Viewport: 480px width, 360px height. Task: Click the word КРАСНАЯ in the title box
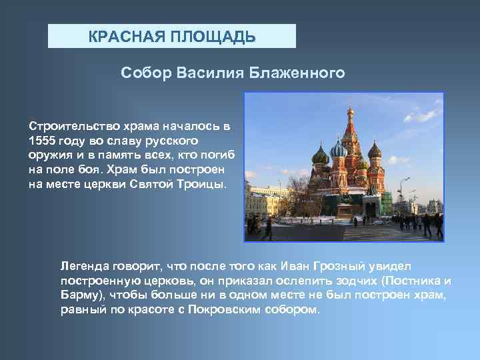pos(121,36)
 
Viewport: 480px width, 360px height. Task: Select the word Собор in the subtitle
pos(146,71)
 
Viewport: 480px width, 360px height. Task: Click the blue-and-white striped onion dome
pos(338,149)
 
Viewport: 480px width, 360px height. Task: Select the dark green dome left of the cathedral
pos(320,158)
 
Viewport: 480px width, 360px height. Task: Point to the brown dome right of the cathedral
pos(375,151)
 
